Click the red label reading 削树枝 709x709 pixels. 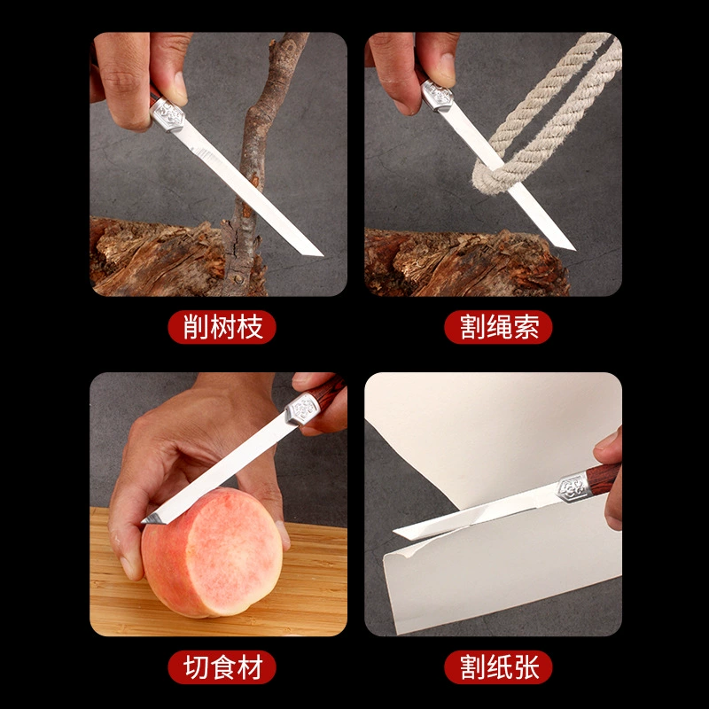pyautogui.click(x=222, y=327)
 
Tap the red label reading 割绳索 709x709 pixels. pyautogui.click(x=498, y=327)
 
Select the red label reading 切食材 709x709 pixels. pyautogui.click(x=222, y=667)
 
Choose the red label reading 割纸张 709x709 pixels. pyautogui.click(x=498, y=667)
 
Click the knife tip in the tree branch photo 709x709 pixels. pyautogui.click(x=322, y=255)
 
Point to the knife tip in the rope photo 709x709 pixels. pyautogui.click(x=574, y=249)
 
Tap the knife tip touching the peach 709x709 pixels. pyautogui.click(x=144, y=521)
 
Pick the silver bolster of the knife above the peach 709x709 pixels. pyautogui.click(x=302, y=409)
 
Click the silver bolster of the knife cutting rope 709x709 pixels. pyautogui.click(x=436, y=95)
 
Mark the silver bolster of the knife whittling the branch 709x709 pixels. pyautogui.click(x=167, y=114)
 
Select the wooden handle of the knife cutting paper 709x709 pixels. pyautogui.click(x=604, y=479)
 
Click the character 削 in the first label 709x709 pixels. pyautogui.click(x=195, y=327)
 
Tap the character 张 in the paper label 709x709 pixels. pyautogui.click(x=526, y=667)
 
